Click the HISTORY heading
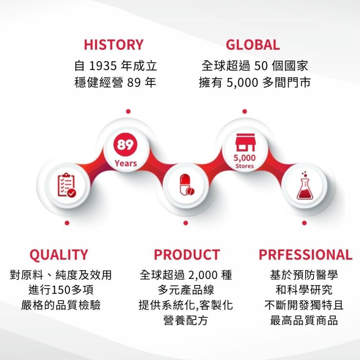coord(114,45)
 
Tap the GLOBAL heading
coord(253,45)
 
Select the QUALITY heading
coord(59,255)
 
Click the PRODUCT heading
coord(187,255)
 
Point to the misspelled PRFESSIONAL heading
coord(305,255)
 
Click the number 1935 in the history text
coord(103,66)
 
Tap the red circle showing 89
coord(125,145)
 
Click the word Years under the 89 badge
coord(126,163)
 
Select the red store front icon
coord(245,142)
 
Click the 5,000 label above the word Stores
coord(244,158)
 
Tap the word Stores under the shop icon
coord(244,166)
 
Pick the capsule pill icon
coord(187,185)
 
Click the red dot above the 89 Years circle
coord(129,111)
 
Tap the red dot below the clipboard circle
coord(67,223)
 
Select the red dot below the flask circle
coord(305,223)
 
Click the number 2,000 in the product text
coord(203,275)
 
